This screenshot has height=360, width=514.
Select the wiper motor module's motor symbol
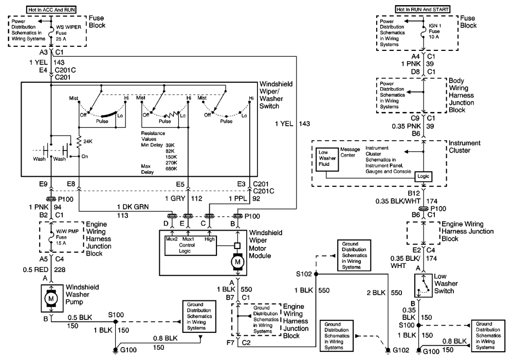pyautogui.click(x=237, y=262)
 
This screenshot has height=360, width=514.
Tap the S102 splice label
pyautogui.click(x=304, y=274)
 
